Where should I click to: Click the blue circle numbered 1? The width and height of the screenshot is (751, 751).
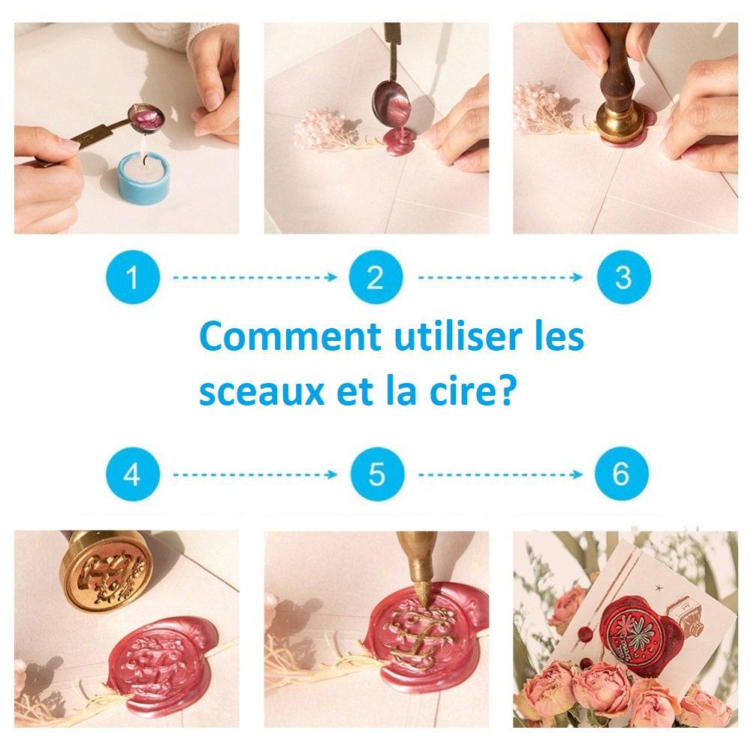133,277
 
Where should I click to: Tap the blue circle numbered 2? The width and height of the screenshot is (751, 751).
375,277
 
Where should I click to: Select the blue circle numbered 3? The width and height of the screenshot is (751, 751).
623,277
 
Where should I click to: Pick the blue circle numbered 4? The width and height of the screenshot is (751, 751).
133,474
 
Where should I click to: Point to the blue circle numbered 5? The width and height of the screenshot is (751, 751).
377,474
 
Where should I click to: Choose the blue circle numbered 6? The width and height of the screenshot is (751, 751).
622,474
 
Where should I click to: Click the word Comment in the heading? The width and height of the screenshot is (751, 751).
290,336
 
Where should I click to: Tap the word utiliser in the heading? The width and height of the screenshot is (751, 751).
457,336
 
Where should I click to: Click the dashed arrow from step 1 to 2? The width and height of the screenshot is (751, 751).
255,277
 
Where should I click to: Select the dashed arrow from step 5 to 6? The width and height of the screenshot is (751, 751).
500,475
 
